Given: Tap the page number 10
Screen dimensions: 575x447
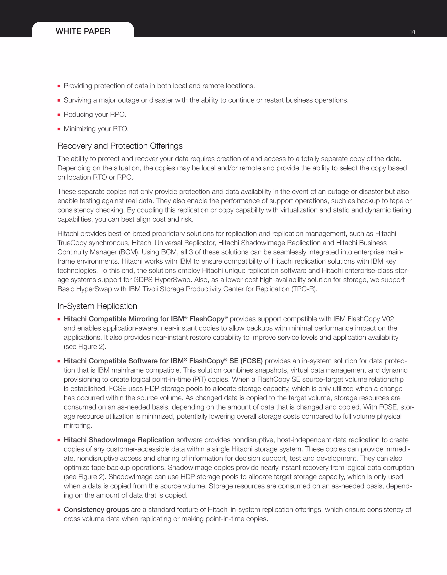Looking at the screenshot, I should pos(412,32).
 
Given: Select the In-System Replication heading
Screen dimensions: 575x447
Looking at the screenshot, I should pos(97,306).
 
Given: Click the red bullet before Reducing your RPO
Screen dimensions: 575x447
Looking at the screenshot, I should pos(59,115).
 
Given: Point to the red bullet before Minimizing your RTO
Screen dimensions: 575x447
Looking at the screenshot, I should pos(59,129).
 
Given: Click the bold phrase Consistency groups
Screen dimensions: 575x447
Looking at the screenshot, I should pos(96,509).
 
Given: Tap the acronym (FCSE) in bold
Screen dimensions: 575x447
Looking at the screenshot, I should pos(251,361).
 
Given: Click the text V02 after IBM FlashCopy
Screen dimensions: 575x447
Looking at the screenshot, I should pos(388,319).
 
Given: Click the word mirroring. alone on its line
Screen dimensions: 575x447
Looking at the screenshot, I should pos(78,425).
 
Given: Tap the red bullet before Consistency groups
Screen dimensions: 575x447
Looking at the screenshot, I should pos(59,510).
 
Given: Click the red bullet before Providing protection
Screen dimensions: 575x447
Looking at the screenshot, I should pos(59,86).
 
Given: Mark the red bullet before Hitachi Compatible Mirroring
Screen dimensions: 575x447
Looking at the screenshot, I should pos(59,319).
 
